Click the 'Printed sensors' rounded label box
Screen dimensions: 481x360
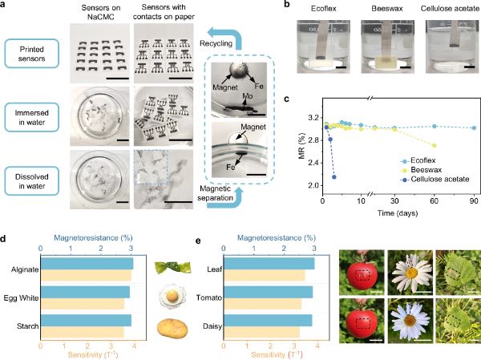coord(31,54)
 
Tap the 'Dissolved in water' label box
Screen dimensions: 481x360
coord(31,181)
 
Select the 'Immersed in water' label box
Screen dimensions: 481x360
coord(31,117)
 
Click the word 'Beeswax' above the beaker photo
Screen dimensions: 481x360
coord(387,8)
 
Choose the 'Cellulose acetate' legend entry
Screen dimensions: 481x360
coord(435,180)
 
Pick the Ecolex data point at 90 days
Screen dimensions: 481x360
coord(474,127)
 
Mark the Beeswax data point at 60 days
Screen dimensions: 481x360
coord(434,145)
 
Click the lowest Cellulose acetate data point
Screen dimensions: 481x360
coord(334,177)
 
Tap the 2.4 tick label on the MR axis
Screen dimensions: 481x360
coord(312,163)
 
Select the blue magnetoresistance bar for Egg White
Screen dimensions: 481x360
coord(85,292)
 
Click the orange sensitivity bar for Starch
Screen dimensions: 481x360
coord(83,333)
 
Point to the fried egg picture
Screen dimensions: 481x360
coord(172,297)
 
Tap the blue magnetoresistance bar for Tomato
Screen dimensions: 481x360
coord(268,292)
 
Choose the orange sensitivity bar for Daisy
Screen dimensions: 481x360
coord(261,333)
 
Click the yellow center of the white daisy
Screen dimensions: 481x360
coord(412,273)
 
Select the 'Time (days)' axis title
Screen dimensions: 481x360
coord(398,213)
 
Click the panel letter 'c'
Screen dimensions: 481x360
coord(286,99)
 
